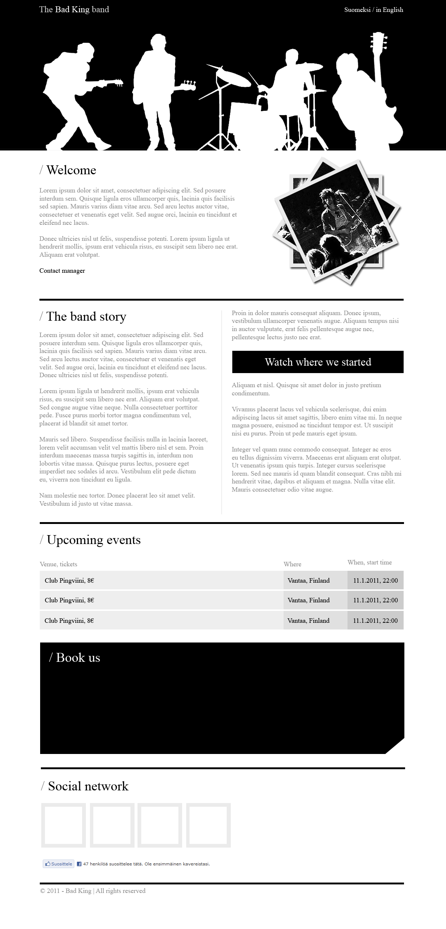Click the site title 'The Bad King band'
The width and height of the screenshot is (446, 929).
74,10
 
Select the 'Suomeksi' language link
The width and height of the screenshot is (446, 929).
357,10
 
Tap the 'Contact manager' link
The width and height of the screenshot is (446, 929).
62,271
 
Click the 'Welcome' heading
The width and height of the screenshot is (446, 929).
71,170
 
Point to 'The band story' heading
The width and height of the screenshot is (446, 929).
86,317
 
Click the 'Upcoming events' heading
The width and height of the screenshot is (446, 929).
93,540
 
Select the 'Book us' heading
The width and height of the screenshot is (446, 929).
78,658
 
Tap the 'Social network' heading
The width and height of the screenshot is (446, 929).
88,786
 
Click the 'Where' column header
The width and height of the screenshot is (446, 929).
293,564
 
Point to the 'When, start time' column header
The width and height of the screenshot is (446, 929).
369,563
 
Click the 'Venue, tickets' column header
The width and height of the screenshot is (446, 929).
58,564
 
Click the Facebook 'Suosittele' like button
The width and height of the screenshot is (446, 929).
59,864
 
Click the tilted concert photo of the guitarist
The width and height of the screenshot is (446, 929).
337,221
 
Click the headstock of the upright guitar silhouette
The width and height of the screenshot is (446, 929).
379,41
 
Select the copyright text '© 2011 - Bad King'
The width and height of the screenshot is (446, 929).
66,891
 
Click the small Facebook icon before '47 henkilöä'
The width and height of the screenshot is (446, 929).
79,864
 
